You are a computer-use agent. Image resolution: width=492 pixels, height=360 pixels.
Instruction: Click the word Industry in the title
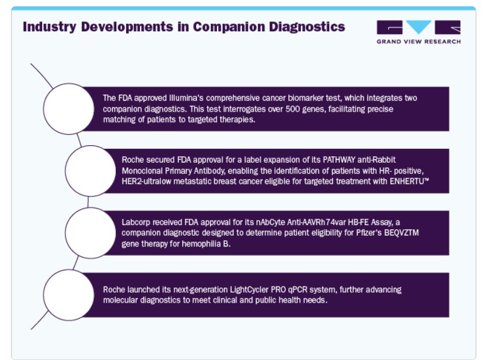point(49,27)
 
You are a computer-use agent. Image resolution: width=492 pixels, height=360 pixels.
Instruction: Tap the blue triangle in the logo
point(418,27)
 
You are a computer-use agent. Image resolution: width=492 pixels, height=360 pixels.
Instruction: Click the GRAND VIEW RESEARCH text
point(418,42)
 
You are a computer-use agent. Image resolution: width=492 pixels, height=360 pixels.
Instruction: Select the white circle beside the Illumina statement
point(69,109)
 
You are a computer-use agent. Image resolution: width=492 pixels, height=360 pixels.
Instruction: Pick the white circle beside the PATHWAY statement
point(90,171)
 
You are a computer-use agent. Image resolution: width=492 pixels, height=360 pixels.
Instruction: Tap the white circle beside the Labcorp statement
point(90,233)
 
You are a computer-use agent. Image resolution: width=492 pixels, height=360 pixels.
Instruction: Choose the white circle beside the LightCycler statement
point(69,295)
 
